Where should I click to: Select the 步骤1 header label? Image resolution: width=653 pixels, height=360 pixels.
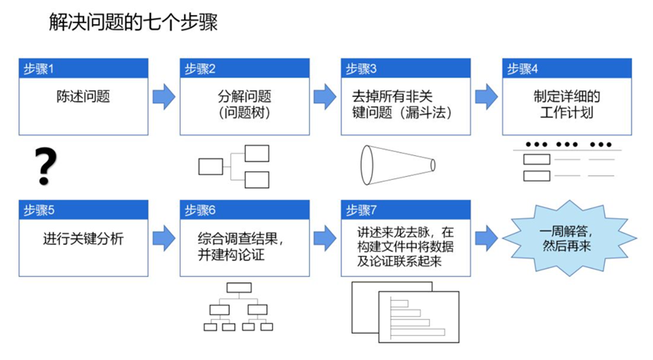click(x=39, y=69)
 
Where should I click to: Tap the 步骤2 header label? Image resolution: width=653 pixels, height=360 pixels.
click(x=200, y=69)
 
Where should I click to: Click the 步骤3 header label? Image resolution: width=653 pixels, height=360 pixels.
click(x=362, y=69)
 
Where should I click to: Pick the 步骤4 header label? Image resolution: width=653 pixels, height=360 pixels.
click(x=523, y=69)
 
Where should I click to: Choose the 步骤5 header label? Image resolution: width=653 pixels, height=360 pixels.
click(x=39, y=210)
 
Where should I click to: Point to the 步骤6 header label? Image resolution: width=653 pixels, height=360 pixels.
click(x=200, y=210)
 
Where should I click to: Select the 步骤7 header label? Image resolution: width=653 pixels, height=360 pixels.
click(x=362, y=210)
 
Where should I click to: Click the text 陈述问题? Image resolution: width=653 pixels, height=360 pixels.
click(x=83, y=98)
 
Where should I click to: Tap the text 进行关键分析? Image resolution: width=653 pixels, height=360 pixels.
click(x=83, y=238)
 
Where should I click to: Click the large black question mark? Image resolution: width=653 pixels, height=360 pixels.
click(x=46, y=166)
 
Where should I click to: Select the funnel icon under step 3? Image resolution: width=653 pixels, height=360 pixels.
click(x=397, y=164)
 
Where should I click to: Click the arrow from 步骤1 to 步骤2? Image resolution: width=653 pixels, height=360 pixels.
click(x=164, y=97)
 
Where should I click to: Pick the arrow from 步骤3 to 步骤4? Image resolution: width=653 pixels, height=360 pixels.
click(x=487, y=97)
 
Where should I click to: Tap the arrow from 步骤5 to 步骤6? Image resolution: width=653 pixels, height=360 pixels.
click(x=164, y=238)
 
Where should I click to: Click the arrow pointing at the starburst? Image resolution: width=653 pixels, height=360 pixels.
click(x=487, y=238)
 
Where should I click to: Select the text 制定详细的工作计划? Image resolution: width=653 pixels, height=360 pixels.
click(x=567, y=105)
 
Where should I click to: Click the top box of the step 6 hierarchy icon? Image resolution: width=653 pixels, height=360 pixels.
click(x=239, y=288)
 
